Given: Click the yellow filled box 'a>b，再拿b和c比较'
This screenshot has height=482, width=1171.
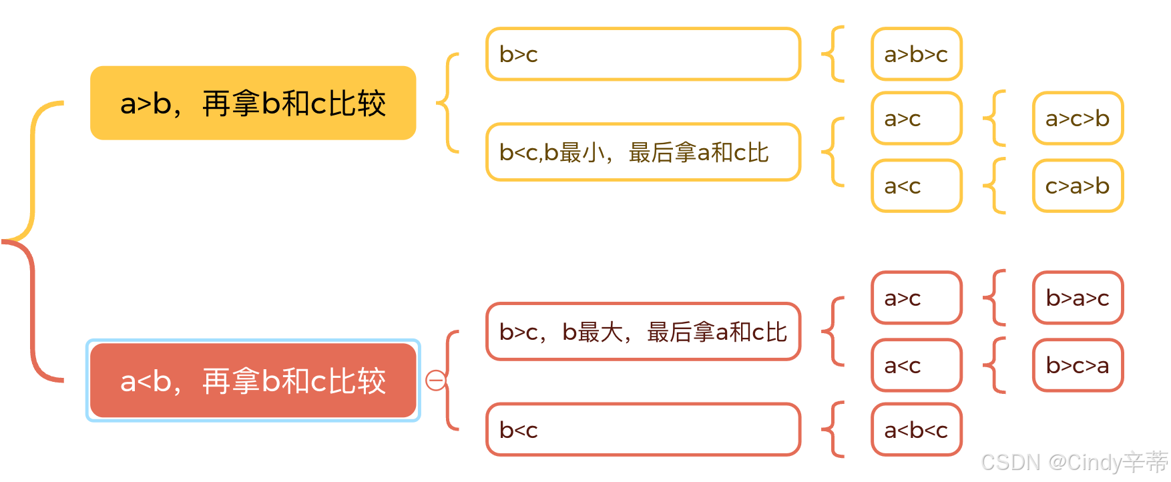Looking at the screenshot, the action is pyautogui.click(x=253, y=103).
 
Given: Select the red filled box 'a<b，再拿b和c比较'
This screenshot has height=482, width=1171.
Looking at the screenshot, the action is pyautogui.click(x=253, y=381).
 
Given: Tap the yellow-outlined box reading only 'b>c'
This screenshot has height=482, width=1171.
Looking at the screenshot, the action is pyautogui.click(x=643, y=54).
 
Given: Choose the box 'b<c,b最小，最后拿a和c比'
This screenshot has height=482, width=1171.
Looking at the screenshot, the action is pyautogui.click(x=643, y=152).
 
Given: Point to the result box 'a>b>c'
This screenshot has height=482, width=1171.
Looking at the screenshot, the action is pyautogui.click(x=916, y=54).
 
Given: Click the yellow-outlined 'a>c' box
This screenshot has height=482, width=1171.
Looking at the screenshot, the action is pyautogui.click(x=916, y=118).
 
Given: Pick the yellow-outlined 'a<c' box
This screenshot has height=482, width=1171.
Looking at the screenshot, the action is pyautogui.click(x=916, y=186).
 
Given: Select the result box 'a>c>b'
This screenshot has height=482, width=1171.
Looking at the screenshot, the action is pyautogui.click(x=1078, y=118).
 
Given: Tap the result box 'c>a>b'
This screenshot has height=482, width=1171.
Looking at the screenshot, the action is pyautogui.click(x=1078, y=186).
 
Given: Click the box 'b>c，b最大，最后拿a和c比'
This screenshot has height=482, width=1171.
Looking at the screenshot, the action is pyautogui.click(x=643, y=332).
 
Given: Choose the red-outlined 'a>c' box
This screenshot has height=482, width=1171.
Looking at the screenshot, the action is pyautogui.click(x=916, y=298).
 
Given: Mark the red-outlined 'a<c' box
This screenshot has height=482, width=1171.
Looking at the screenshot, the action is pyautogui.click(x=916, y=365).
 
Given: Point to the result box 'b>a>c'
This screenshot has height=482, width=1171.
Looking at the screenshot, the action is pyautogui.click(x=1078, y=298).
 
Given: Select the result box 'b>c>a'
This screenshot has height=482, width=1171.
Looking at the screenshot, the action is pyautogui.click(x=1078, y=365).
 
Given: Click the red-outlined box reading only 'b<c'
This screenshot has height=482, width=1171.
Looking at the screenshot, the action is pyautogui.click(x=643, y=429).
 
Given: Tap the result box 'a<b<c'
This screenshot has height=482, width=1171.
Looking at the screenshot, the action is pyautogui.click(x=916, y=429).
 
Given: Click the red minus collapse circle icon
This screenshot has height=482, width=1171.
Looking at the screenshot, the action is pyautogui.click(x=436, y=381).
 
